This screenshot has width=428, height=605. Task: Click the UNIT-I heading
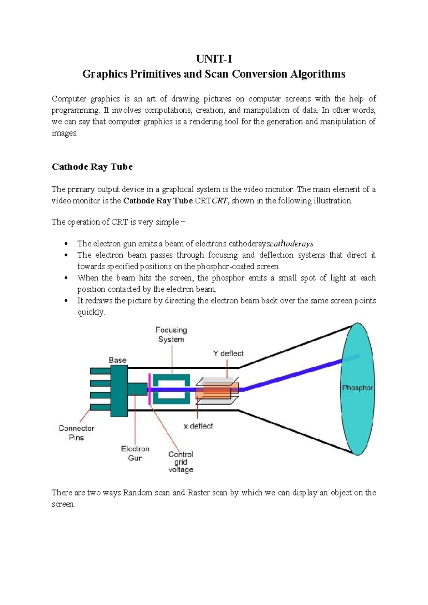(214, 59)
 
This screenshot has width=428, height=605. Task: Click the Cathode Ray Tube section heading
(92, 167)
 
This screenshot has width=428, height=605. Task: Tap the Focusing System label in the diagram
(171, 335)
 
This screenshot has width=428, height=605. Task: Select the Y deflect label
(228, 354)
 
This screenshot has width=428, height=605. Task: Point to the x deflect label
(198, 426)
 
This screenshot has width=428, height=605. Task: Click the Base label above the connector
(117, 360)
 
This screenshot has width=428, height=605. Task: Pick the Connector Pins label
(76, 433)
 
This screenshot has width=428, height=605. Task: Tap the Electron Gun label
(135, 453)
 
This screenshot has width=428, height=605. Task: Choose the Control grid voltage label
(181, 462)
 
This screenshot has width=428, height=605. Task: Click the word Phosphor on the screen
(357, 388)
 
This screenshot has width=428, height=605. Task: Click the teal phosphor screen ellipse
(357, 417)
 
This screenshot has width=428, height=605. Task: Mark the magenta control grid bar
(149, 389)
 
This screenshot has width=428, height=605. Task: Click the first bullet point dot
(65, 244)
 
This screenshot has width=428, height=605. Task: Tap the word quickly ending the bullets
(91, 312)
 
